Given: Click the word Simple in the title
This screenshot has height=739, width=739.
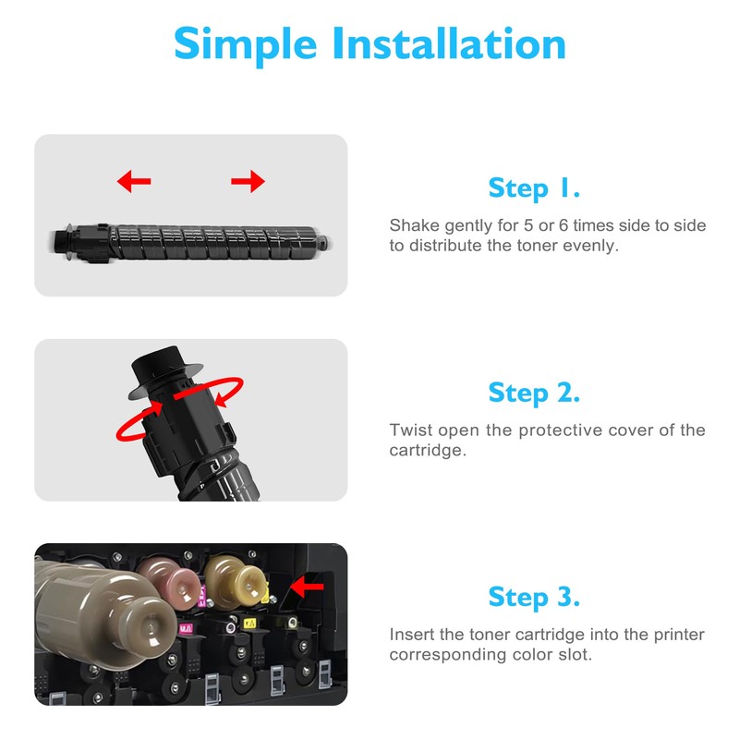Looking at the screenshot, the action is point(245,44).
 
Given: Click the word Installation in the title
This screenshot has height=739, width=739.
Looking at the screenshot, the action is point(449,43).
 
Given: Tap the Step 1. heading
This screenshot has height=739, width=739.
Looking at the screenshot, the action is point(534,188).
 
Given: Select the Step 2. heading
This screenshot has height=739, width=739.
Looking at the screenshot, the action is point(534,393).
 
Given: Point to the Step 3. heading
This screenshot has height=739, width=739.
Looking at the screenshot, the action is point(534,597).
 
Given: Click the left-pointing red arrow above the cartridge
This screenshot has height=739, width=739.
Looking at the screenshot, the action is point(134,181).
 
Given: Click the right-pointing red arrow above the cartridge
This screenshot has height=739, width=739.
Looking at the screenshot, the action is point(248,181).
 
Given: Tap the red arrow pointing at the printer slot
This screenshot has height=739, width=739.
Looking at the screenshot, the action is point(307,587).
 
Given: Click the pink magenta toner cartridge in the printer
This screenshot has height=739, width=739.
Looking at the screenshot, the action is point(170,583).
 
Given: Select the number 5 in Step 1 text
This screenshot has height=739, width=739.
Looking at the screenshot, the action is point(528,225).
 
